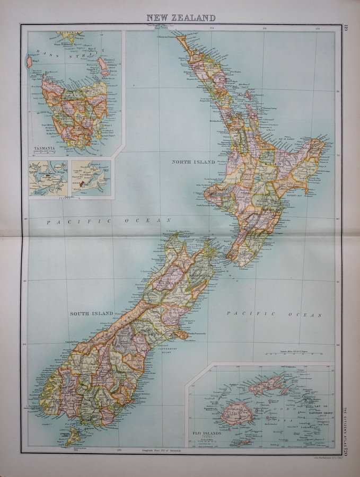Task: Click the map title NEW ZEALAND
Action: (181, 17)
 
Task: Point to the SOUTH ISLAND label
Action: (91, 313)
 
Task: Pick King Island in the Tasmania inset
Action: (30, 62)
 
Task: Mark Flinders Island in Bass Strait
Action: (102, 65)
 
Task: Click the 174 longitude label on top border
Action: (212, 28)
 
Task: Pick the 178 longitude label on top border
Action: (318, 28)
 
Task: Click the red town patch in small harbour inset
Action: (81, 183)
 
